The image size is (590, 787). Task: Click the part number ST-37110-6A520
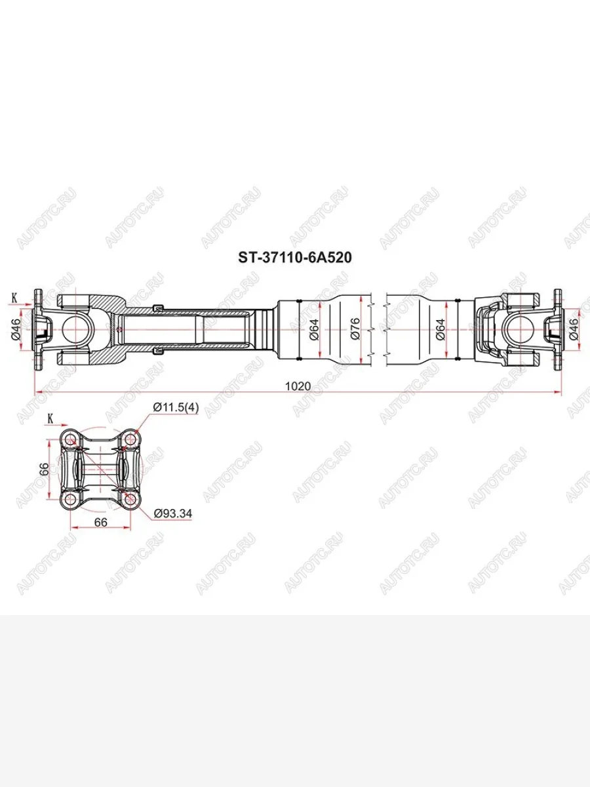pyautogui.click(x=294, y=258)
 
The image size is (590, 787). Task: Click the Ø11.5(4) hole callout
pyautogui.click(x=175, y=407)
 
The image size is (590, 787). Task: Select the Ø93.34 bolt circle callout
pyautogui.click(x=172, y=514)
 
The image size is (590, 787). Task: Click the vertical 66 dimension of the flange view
pyautogui.click(x=44, y=469)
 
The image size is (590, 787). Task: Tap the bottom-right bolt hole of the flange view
pyautogui.click(x=130, y=500)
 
